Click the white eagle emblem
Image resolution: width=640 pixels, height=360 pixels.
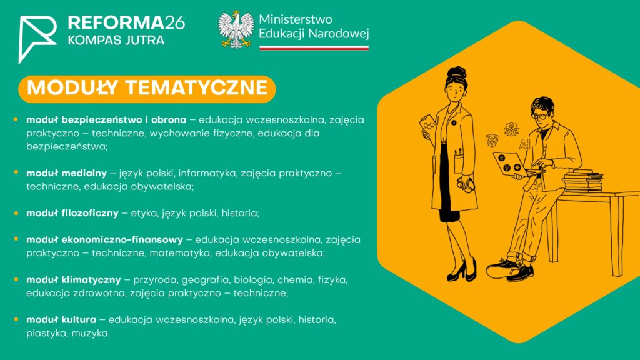236,29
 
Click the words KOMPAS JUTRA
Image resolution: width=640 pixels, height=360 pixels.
116,41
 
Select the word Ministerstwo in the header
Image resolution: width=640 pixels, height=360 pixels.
296,19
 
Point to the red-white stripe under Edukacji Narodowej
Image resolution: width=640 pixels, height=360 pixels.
314,47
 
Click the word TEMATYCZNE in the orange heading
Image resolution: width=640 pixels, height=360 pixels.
197,87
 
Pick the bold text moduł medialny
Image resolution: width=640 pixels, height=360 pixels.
66,173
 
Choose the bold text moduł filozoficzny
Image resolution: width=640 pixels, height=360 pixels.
72,213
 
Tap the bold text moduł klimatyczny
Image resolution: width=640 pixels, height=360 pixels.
74,280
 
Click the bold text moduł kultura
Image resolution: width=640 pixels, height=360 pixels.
61,319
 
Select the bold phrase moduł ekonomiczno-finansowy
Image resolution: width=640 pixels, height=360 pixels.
104,239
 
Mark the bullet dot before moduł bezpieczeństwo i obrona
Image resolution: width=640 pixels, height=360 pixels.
16,119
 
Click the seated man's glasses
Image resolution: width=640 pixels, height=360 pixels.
541,116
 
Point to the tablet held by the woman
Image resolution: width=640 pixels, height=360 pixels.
429,126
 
